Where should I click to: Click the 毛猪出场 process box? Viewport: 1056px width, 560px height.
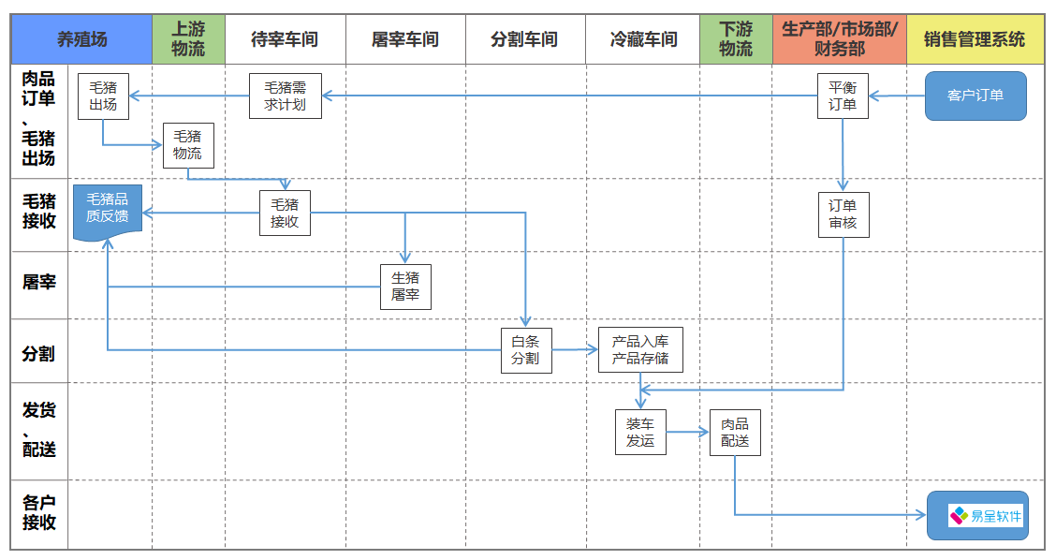tap(103, 96)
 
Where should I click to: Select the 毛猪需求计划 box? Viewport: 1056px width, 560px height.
tap(286, 96)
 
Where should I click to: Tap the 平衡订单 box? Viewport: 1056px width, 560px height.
tap(843, 96)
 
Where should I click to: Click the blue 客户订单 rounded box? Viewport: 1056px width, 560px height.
tap(975, 96)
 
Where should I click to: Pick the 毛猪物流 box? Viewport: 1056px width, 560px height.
tap(187, 145)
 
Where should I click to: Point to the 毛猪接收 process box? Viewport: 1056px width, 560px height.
tap(285, 214)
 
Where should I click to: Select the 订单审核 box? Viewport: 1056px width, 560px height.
tap(843, 214)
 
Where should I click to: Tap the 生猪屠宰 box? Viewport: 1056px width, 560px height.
tap(405, 287)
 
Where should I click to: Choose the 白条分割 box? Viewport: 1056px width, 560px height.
tap(525, 350)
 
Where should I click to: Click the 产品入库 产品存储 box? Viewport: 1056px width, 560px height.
tap(640, 350)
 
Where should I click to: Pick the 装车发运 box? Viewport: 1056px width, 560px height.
tap(640, 432)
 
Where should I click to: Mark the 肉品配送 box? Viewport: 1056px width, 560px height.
tap(735, 432)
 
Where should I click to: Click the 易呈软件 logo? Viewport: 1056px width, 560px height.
tap(986, 515)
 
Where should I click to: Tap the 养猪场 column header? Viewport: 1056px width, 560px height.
tap(81, 39)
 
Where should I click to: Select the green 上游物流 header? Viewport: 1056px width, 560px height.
tap(188, 39)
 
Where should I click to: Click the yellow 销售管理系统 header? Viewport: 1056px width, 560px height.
tap(975, 39)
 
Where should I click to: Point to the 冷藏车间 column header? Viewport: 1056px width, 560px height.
tap(643, 39)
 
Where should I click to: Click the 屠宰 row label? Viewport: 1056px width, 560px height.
tap(38, 282)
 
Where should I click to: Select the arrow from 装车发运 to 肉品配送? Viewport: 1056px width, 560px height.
tap(688, 432)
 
